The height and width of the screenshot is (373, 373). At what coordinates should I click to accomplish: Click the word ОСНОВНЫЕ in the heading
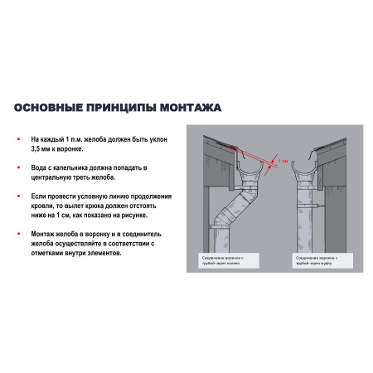click(51, 107)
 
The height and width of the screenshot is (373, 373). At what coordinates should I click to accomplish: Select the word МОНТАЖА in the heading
click(190, 107)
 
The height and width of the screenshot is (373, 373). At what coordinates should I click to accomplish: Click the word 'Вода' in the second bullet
click(39, 167)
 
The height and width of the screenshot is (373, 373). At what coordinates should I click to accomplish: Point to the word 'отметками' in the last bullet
click(50, 254)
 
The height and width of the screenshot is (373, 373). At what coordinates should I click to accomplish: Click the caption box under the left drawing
click(229, 259)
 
